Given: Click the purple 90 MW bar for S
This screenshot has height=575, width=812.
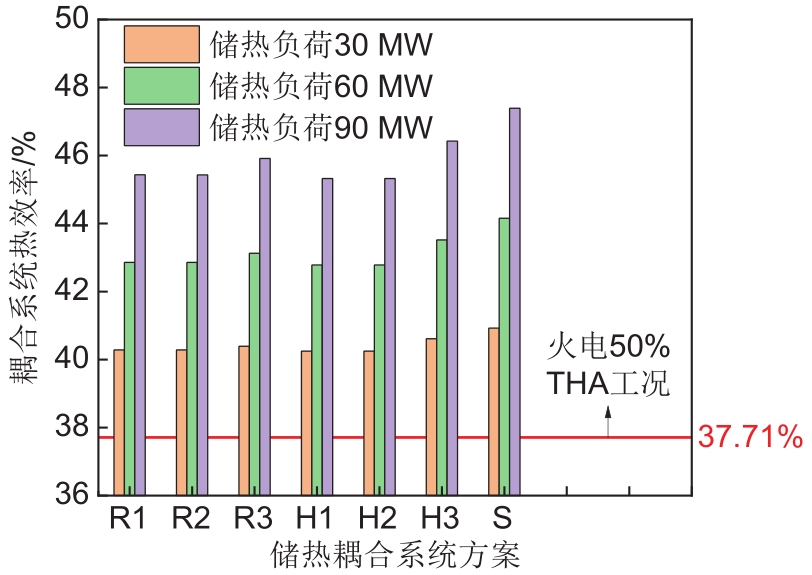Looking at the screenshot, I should coord(514,300).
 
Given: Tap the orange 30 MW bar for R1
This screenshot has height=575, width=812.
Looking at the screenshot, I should coord(119,421).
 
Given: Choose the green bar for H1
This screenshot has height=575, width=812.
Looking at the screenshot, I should coord(316,379).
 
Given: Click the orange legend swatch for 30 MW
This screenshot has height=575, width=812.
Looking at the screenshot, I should coord(160,44).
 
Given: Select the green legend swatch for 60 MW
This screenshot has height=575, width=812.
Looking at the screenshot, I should coord(160,86).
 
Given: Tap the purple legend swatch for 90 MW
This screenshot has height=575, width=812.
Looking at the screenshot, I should coord(160,127).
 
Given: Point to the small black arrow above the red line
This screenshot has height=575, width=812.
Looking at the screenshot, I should coord(607,424).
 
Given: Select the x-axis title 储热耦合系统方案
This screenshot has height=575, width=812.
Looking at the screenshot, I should coord(395,554).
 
